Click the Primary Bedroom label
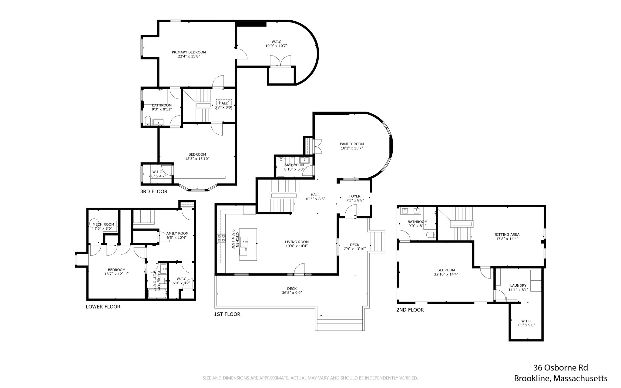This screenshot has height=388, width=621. point(189,52)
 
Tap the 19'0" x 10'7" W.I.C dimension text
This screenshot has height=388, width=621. point(276,46)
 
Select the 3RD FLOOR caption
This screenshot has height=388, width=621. point(154,191)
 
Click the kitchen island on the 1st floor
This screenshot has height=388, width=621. point(248,244)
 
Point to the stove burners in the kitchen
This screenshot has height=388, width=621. point(221,238)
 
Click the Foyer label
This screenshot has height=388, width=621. point(355,196)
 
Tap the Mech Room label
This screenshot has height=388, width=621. point(103,224)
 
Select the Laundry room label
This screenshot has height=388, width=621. point(518,285)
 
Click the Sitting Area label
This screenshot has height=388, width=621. point(507,234)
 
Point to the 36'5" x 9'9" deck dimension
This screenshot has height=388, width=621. point(292,293)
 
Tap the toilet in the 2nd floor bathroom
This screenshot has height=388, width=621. point(430,235)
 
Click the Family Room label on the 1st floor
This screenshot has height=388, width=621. point(352,144)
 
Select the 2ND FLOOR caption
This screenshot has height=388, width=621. point(410,310)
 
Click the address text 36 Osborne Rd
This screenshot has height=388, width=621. point(560,368)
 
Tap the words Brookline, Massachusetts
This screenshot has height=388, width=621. point(560,379)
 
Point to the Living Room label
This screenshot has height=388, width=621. point(297,242)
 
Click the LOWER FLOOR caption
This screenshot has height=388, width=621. point(103,307)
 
